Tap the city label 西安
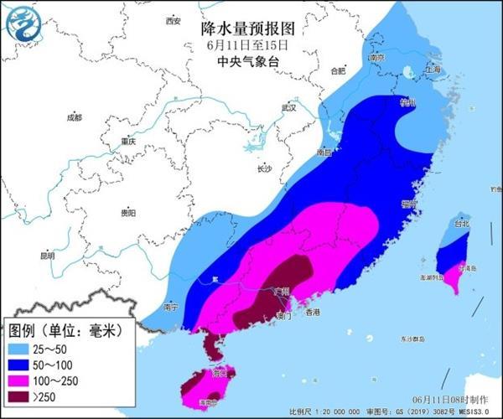click(173, 20)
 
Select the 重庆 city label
click(127, 141)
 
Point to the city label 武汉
click(289, 107)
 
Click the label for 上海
click(433, 69)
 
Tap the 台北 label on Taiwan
click(462, 224)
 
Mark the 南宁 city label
click(173, 307)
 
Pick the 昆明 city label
click(48, 255)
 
